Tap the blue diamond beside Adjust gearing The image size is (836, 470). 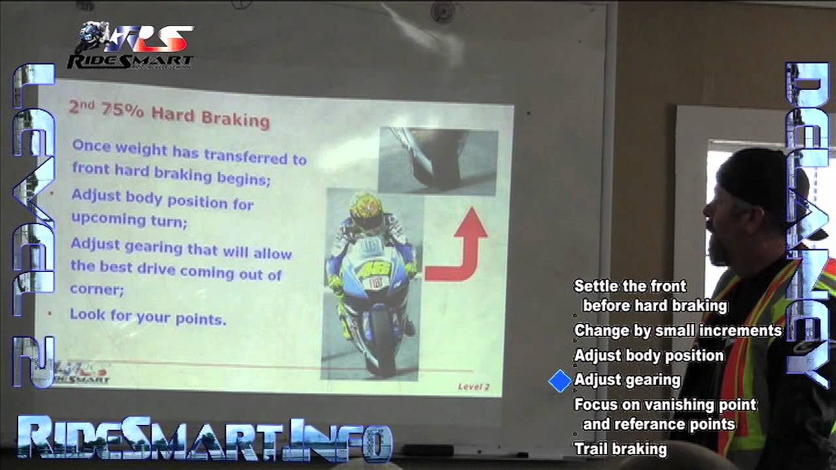pyautogui.click(x=560, y=381)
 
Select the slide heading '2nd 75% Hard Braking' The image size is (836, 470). pyautogui.click(x=169, y=114)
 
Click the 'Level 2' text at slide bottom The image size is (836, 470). pyautogui.click(x=474, y=386)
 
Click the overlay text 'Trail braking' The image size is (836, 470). pyautogui.click(x=620, y=449)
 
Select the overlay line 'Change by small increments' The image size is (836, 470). pyautogui.click(x=677, y=331)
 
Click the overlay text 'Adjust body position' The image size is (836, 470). pyautogui.click(x=649, y=356)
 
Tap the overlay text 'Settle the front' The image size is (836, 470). pyautogui.click(x=630, y=286)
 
